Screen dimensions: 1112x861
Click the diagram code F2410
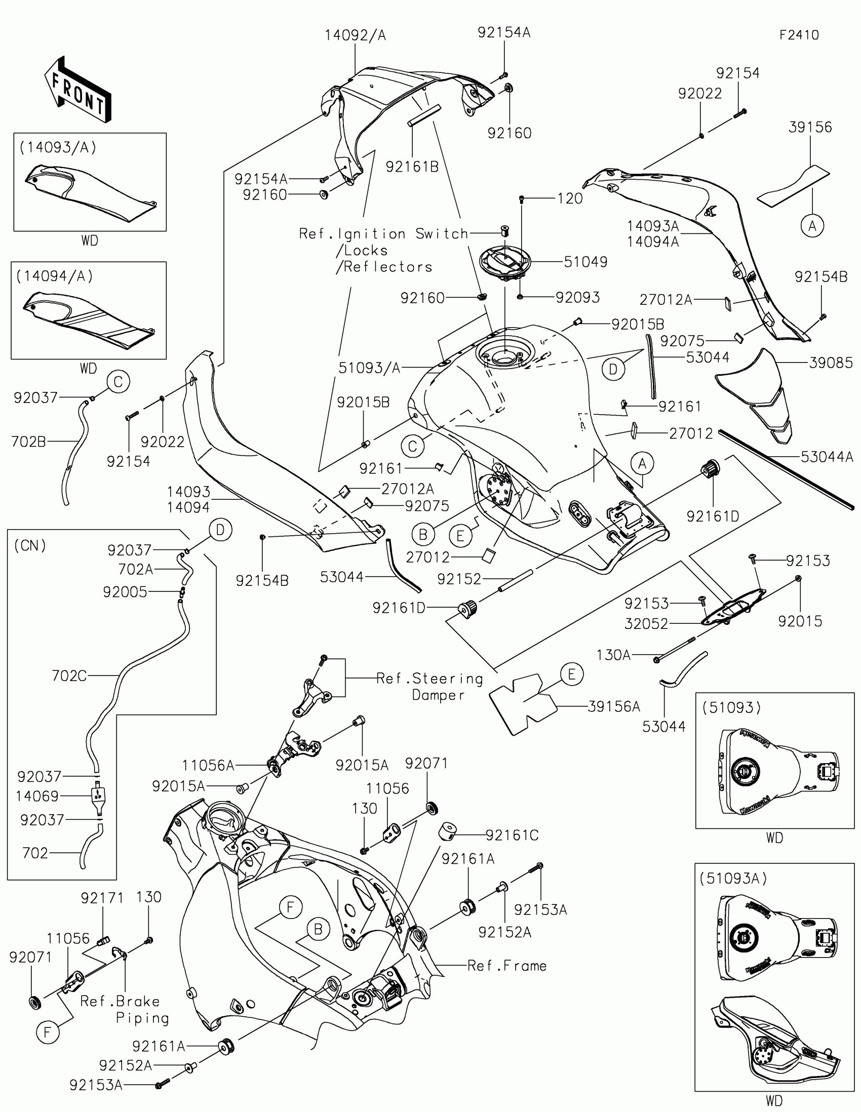tap(799, 35)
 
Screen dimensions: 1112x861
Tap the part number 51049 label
tap(585, 262)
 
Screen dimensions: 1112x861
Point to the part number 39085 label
tap(831, 363)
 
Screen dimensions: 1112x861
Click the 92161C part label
tap(512, 835)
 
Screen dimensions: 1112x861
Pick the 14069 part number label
tap(37, 796)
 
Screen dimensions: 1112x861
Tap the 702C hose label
tap(69, 676)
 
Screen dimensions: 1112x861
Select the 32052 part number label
tap(646, 623)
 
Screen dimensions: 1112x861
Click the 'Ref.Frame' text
tap(507, 966)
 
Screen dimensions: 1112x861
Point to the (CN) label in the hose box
tap(30, 546)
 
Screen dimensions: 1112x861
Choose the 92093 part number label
tap(577, 297)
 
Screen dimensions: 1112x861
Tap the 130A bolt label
tap(613, 655)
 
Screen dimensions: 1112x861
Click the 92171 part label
tap(102, 898)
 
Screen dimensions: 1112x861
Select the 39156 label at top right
tap(810, 127)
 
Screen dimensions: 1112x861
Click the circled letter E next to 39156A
tap(571, 674)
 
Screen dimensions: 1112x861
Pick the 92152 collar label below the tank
tap(459, 579)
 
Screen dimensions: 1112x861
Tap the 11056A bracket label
tap(208, 765)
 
